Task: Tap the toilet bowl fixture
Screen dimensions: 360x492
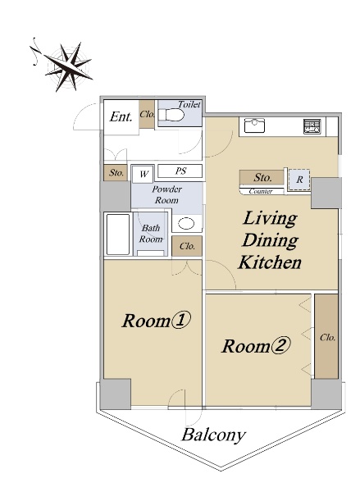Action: [x=171, y=115]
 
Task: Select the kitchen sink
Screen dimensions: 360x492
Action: [x=254, y=125]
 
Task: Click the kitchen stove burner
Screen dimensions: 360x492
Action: [x=312, y=126]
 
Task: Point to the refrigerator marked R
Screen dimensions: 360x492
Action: [x=299, y=180]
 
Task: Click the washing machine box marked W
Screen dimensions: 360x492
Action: [x=144, y=174]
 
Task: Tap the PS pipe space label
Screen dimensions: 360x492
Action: [x=180, y=171]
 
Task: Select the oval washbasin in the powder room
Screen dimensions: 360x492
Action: [x=186, y=224]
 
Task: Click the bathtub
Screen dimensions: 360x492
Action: [x=118, y=235]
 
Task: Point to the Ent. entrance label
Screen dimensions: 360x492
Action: [x=121, y=116]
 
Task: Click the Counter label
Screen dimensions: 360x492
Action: [x=261, y=191]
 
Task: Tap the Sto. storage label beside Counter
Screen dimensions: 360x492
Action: [x=262, y=178]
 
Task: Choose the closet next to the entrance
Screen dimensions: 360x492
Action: [x=147, y=114]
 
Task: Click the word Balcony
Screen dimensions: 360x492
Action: [x=213, y=435]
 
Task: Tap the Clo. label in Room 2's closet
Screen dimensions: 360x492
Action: [x=327, y=338]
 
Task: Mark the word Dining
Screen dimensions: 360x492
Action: [x=270, y=241]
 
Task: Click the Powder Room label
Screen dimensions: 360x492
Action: [x=166, y=194]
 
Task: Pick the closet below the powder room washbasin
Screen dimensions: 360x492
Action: [x=187, y=246]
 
